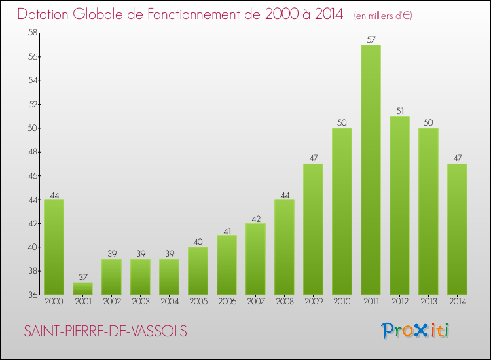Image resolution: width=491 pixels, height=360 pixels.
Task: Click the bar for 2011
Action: click(371, 170)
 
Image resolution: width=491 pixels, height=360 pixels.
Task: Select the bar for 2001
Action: click(82, 289)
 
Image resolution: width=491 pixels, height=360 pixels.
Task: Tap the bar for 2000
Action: click(54, 247)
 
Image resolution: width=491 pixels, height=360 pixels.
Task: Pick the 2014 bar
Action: click(457, 228)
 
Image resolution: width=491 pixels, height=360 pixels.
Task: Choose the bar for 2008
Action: click(284, 247)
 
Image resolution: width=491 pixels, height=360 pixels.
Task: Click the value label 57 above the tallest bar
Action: click(371, 39)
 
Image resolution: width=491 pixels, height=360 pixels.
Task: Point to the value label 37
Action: click(82, 278)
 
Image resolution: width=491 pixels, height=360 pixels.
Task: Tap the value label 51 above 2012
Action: click(399, 111)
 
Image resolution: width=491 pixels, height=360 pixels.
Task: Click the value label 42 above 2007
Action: click(255, 218)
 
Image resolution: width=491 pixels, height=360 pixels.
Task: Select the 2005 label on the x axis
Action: click(198, 301)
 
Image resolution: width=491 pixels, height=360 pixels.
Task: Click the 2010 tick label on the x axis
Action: click(342, 301)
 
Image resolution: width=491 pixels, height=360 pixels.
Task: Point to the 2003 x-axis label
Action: click(140, 301)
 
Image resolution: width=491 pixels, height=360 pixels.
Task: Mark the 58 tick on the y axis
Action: click(31, 33)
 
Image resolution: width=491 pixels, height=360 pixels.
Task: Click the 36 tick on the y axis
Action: click(31, 295)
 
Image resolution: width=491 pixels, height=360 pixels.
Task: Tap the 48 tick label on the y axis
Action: click(31, 152)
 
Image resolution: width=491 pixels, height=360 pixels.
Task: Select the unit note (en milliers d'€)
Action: click(383, 15)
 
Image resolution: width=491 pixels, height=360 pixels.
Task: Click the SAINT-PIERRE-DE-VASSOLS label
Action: click(105, 331)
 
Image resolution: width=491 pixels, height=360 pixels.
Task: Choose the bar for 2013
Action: click(428, 211)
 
